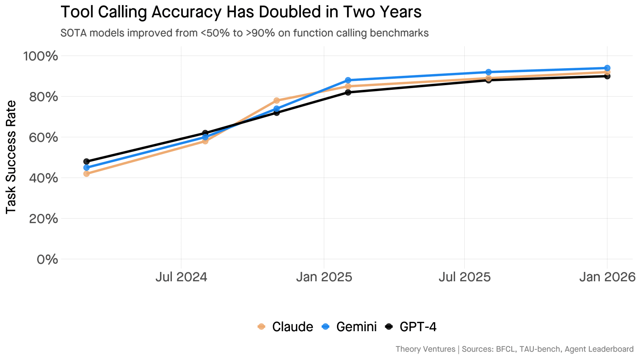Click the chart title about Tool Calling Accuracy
(x=241, y=12)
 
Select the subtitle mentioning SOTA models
(x=244, y=33)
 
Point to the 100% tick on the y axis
(x=41, y=56)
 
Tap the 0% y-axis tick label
(x=47, y=259)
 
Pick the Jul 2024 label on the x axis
(x=181, y=277)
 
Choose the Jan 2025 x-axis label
(x=324, y=277)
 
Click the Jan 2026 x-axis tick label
(x=607, y=277)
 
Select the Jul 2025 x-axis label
(x=464, y=277)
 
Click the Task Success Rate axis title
(x=11, y=157)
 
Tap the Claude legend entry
(x=285, y=327)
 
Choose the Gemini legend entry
(x=349, y=327)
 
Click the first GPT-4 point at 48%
(x=86, y=161)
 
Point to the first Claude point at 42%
(x=86, y=174)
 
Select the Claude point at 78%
(x=276, y=100)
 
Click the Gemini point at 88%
(x=348, y=80)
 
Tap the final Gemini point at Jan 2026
(x=607, y=68)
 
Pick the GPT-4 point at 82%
(x=348, y=92)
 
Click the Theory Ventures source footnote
(x=514, y=349)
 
